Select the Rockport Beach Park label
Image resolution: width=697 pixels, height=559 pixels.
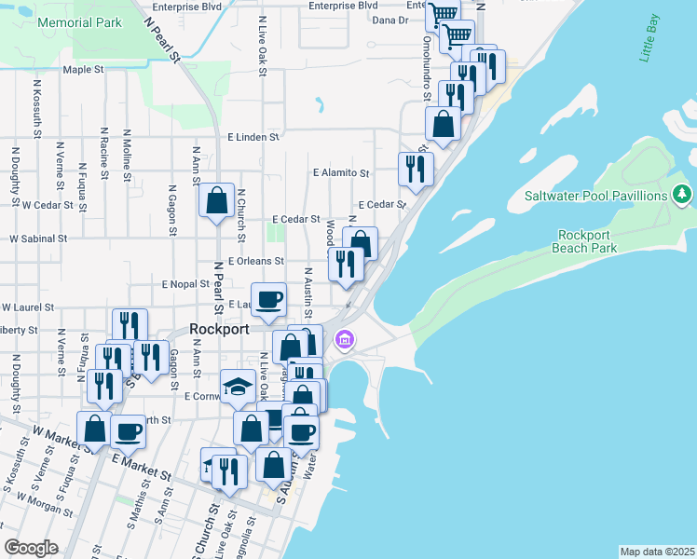coord(587,241)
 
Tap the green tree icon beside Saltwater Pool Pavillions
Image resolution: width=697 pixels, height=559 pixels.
coord(683,194)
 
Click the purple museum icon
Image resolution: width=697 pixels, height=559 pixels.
coord(346,339)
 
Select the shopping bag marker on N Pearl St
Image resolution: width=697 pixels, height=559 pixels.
coord(216,200)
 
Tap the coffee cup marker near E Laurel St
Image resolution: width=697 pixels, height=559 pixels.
coord(269,299)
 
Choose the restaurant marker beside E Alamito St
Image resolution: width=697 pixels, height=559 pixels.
coord(413,169)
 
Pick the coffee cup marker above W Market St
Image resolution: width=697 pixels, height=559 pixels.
coord(128,431)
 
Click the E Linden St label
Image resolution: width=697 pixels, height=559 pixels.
coord(253,137)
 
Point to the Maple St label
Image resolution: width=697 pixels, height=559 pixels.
coord(83,70)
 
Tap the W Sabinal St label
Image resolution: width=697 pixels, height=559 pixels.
coord(39,239)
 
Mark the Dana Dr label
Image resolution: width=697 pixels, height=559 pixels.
coord(389,20)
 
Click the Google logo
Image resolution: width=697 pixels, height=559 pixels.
coord(31,547)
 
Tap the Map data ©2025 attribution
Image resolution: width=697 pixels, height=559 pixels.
coord(657,552)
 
